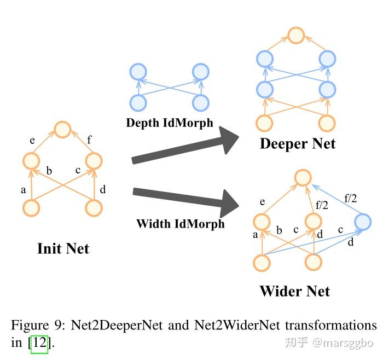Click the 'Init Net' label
click(63, 248)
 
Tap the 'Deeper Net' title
click(298, 143)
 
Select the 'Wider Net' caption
click(295, 291)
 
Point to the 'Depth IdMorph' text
click(170, 123)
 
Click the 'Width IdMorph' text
click(181, 224)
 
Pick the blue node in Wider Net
click(363, 222)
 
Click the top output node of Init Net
click(63, 130)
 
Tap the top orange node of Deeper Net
click(296, 36)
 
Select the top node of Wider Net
click(303, 177)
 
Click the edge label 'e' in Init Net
click(32, 141)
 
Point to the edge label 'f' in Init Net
click(89, 140)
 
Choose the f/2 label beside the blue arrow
click(351, 198)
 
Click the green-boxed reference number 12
click(39, 342)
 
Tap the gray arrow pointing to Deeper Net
click(185, 146)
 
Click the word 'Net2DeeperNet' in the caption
click(117, 325)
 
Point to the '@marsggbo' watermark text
click(343, 343)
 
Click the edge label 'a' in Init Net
click(23, 190)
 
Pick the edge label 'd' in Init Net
click(103, 189)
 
